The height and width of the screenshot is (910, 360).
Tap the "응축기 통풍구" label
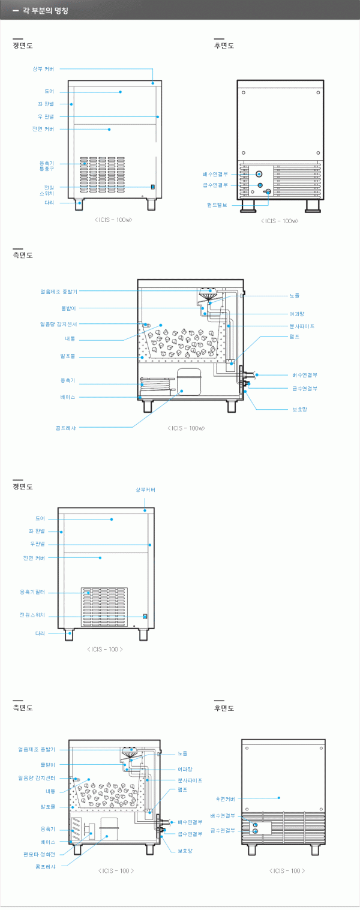coord(46,165)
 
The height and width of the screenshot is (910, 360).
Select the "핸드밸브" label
coord(217,205)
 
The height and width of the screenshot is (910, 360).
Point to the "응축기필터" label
coord(32,592)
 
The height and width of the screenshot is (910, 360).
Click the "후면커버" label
coord(225,798)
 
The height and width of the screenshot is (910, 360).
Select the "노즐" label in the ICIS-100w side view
coord(294,296)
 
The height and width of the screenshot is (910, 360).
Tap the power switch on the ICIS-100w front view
coord(152,187)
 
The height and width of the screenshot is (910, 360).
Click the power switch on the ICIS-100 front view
coord(145,616)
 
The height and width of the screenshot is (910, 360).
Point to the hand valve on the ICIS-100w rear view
coord(268,192)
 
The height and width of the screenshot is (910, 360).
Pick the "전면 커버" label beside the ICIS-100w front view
coord(43,129)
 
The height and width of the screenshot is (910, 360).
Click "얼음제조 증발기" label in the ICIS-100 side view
coord(37,749)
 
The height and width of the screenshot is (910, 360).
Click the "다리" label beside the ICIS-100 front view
coord(40,633)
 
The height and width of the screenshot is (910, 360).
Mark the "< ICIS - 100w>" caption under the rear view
coord(280,221)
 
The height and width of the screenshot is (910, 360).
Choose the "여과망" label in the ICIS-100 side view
coord(185,769)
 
